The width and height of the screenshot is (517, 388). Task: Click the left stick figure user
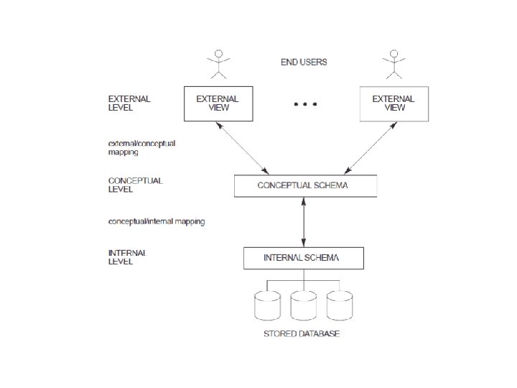coord(218,63)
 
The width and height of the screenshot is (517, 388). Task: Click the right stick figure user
coord(393,63)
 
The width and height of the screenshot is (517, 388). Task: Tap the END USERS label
coord(303,63)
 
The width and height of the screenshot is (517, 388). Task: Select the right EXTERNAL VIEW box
coord(393,103)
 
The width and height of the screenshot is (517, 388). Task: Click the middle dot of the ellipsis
coord(305,105)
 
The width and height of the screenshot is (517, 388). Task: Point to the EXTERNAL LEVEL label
coord(129,103)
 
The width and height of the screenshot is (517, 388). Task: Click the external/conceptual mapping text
coord(141,148)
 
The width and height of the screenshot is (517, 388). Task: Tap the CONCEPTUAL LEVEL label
coord(135,185)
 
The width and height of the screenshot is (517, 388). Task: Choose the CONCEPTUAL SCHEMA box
coord(305,185)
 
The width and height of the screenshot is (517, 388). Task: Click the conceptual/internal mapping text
coord(156,221)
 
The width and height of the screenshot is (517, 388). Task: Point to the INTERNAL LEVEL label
coord(127,257)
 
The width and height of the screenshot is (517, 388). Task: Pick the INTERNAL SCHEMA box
coord(303,257)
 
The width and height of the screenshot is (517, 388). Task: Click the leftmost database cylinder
coord(268,305)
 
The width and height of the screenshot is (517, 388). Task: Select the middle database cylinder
coord(303,305)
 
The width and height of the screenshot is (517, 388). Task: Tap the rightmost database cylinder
coord(339,305)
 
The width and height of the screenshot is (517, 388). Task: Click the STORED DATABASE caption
coord(302,334)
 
